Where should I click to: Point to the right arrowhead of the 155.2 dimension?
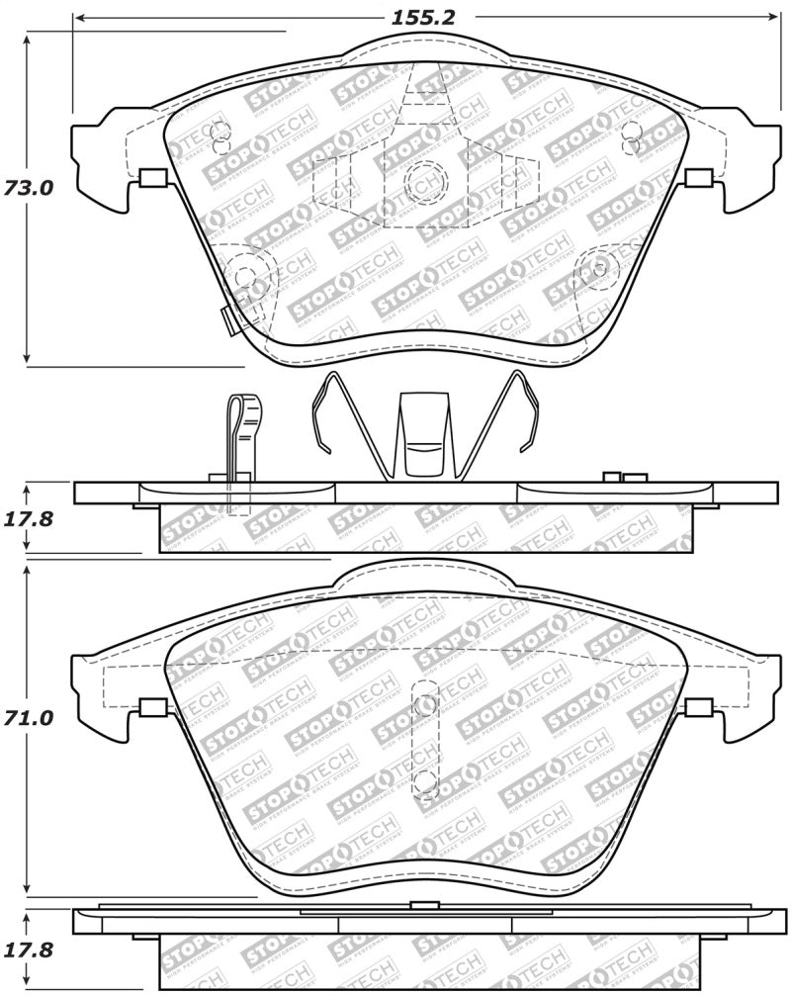click(773, 18)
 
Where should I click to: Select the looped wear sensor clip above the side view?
click(240, 435)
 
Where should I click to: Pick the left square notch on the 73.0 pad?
click(152, 178)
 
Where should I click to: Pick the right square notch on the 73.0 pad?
click(698, 178)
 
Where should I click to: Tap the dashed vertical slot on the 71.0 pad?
click(425, 740)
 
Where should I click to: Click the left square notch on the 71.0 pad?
click(152, 707)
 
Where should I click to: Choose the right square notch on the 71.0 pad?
click(698, 707)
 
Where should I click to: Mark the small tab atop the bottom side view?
click(424, 905)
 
